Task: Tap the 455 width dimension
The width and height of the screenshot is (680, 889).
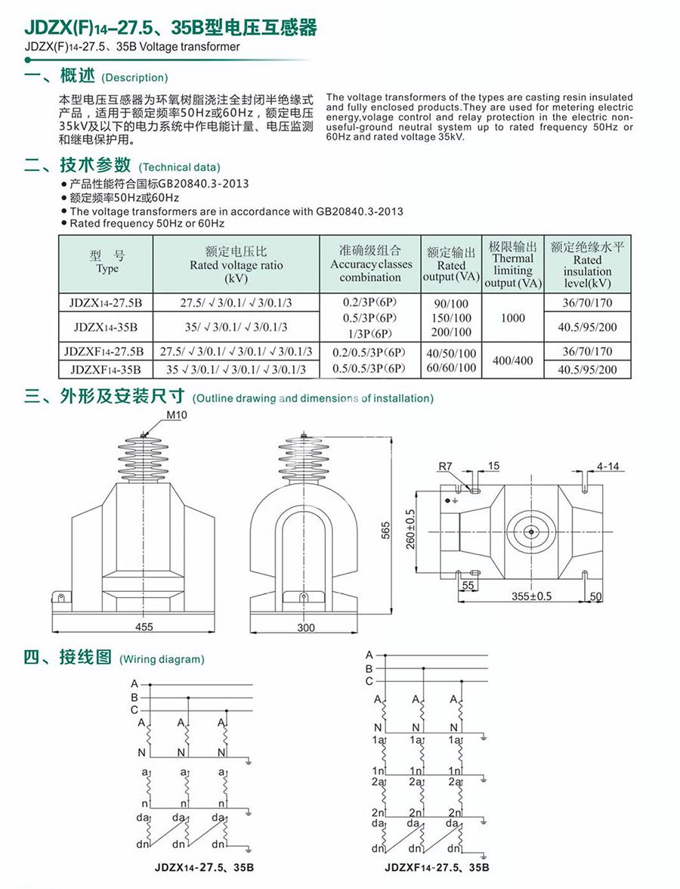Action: click(144, 627)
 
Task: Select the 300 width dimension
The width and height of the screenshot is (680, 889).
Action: click(305, 627)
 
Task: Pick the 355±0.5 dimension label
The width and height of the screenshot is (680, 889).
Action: click(531, 596)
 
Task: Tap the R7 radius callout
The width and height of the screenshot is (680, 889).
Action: click(445, 466)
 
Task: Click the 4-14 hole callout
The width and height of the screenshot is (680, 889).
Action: click(607, 466)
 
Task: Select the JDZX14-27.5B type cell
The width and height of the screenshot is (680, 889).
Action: click(107, 302)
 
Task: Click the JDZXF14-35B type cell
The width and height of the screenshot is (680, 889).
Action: click(107, 370)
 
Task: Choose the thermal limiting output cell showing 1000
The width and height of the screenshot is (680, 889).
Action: click(513, 318)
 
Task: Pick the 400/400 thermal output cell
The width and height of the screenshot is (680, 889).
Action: click(513, 361)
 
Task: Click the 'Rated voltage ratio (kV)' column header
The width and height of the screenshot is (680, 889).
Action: click(236, 265)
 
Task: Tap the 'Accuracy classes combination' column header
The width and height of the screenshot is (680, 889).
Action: click(370, 264)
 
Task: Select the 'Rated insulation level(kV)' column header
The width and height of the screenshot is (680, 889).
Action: click(587, 265)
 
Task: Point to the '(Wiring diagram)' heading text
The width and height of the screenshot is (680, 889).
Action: click(162, 659)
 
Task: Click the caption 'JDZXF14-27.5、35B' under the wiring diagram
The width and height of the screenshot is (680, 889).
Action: click(437, 867)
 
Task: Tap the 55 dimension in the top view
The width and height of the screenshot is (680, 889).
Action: click(468, 586)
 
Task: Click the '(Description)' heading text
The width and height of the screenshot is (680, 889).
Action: click(134, 77)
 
